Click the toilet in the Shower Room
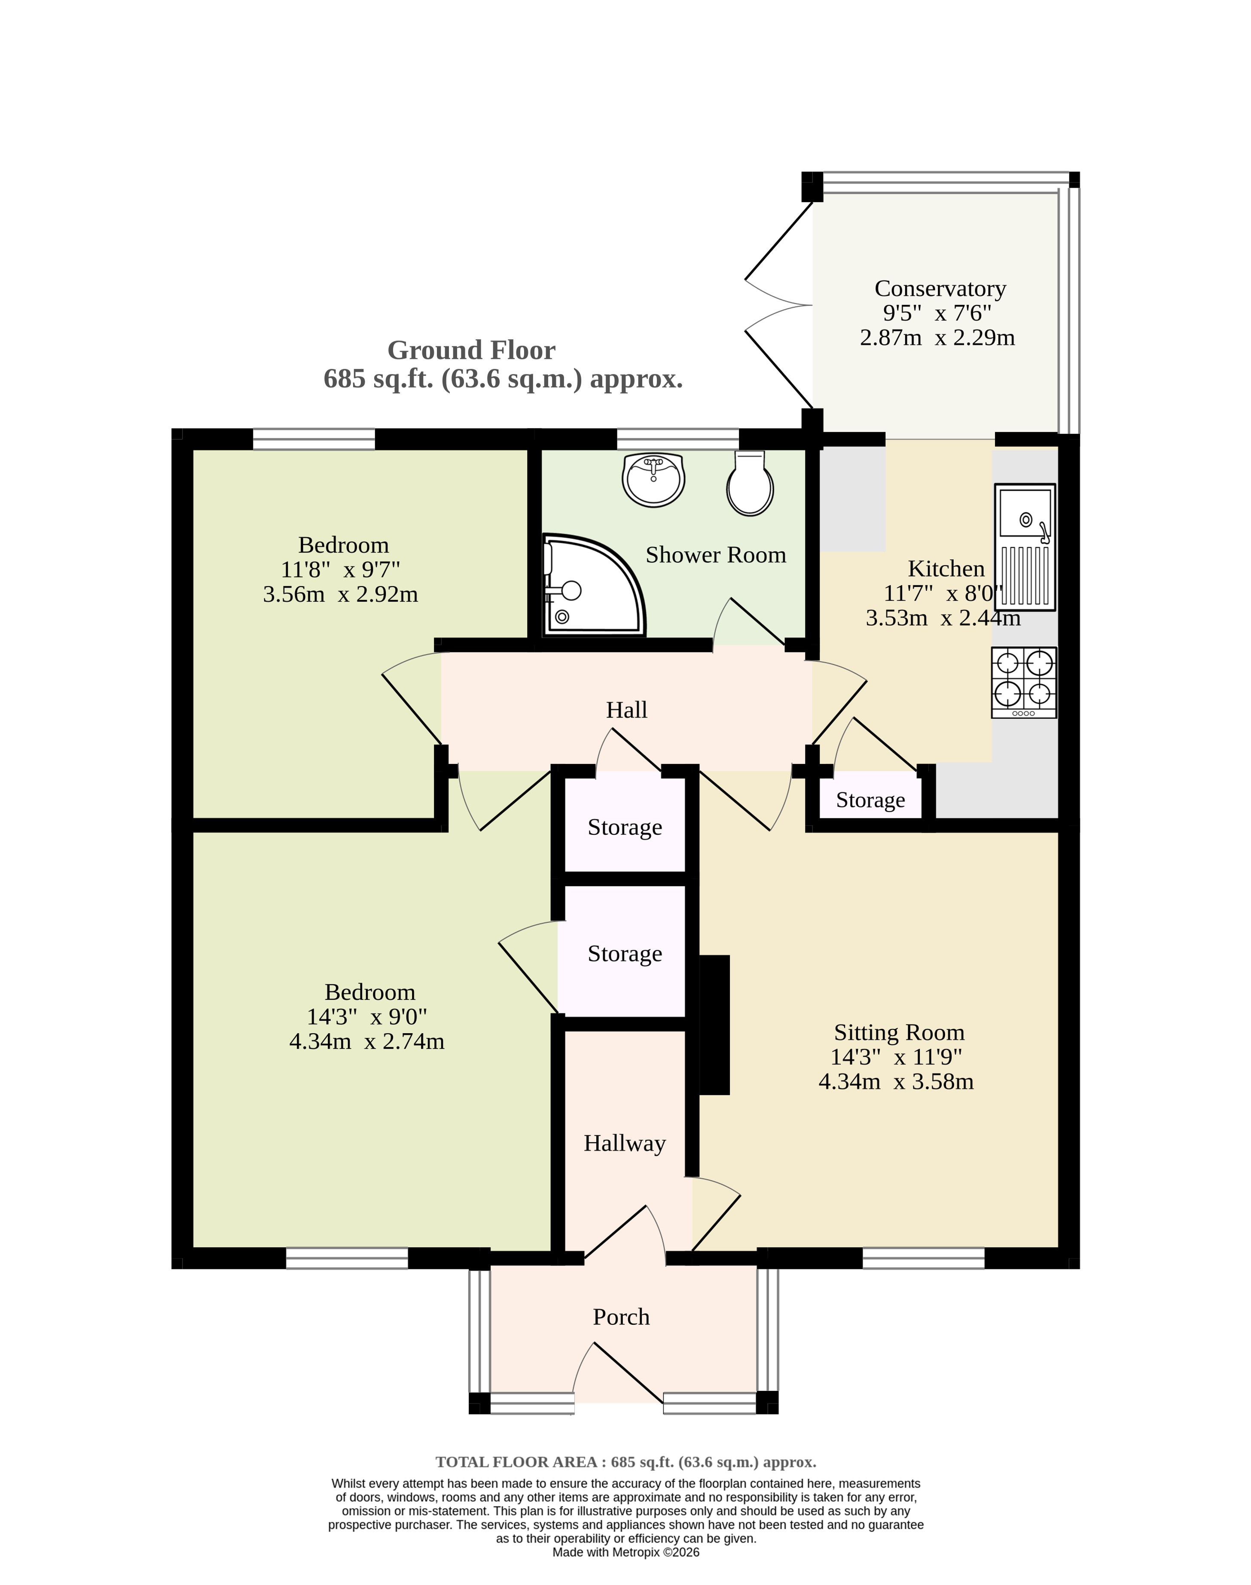coord(750,483)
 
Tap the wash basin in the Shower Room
coord(653,480)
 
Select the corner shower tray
coord(593,586)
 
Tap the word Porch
coord(621,1317)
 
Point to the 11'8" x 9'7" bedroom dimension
coord(341,569)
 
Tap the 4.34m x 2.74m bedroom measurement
coord(367,1041)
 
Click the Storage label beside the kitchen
coord(870,800)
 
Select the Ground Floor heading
coord(471,351)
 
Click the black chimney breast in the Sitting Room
coord(715,1025)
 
